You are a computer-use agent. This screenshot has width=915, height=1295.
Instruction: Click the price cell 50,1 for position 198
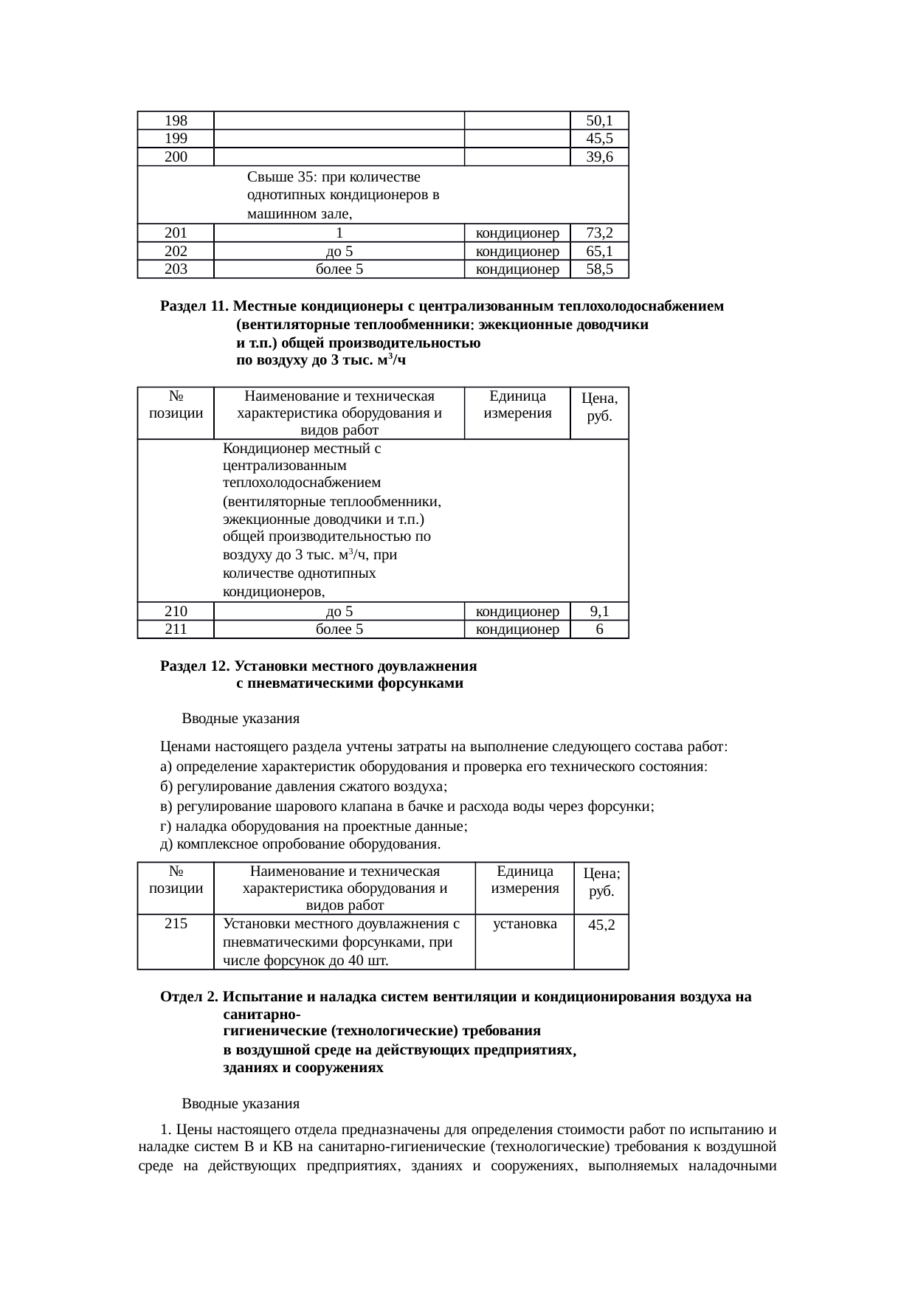pos(599,120)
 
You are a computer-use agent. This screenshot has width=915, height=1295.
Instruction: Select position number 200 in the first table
pos(176,156)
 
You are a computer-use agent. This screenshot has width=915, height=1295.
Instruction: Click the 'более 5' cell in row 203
pos(339,269)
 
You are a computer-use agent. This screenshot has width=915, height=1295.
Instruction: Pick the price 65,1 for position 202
pos(599,252)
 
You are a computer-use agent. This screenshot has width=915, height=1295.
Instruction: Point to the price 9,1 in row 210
pos(599,611)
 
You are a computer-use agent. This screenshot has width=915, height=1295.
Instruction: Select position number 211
pos(176,629)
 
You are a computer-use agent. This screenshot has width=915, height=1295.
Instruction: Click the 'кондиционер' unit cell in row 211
pos(517,629)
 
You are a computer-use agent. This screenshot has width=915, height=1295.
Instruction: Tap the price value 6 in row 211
pos(599,629)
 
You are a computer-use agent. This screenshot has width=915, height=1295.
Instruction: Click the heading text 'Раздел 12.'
pos(195,666)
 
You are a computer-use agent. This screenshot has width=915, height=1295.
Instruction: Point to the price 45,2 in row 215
pos(601,925)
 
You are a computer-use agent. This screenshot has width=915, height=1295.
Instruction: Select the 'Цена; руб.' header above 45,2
pos(601,882)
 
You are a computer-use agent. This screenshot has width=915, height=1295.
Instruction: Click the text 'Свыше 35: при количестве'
pos(334,178)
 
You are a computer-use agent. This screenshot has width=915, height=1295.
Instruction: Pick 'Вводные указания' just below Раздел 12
pos(241,719)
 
